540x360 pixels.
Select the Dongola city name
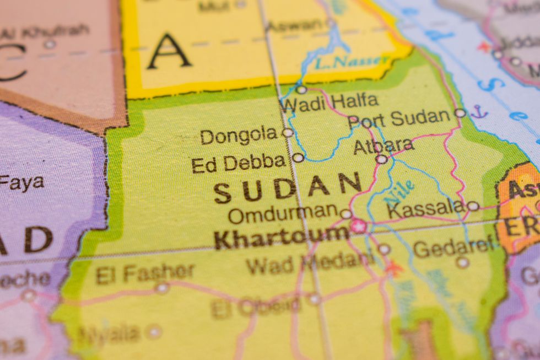(x=239, y=136)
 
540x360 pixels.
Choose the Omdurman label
(x=283, y=213)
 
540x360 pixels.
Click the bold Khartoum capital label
(x=281, y=238)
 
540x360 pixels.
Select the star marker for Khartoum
(x=358, y=226)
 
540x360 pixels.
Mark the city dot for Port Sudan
(x=460, y=113)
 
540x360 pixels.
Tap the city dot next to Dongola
(x=288, y=133)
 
